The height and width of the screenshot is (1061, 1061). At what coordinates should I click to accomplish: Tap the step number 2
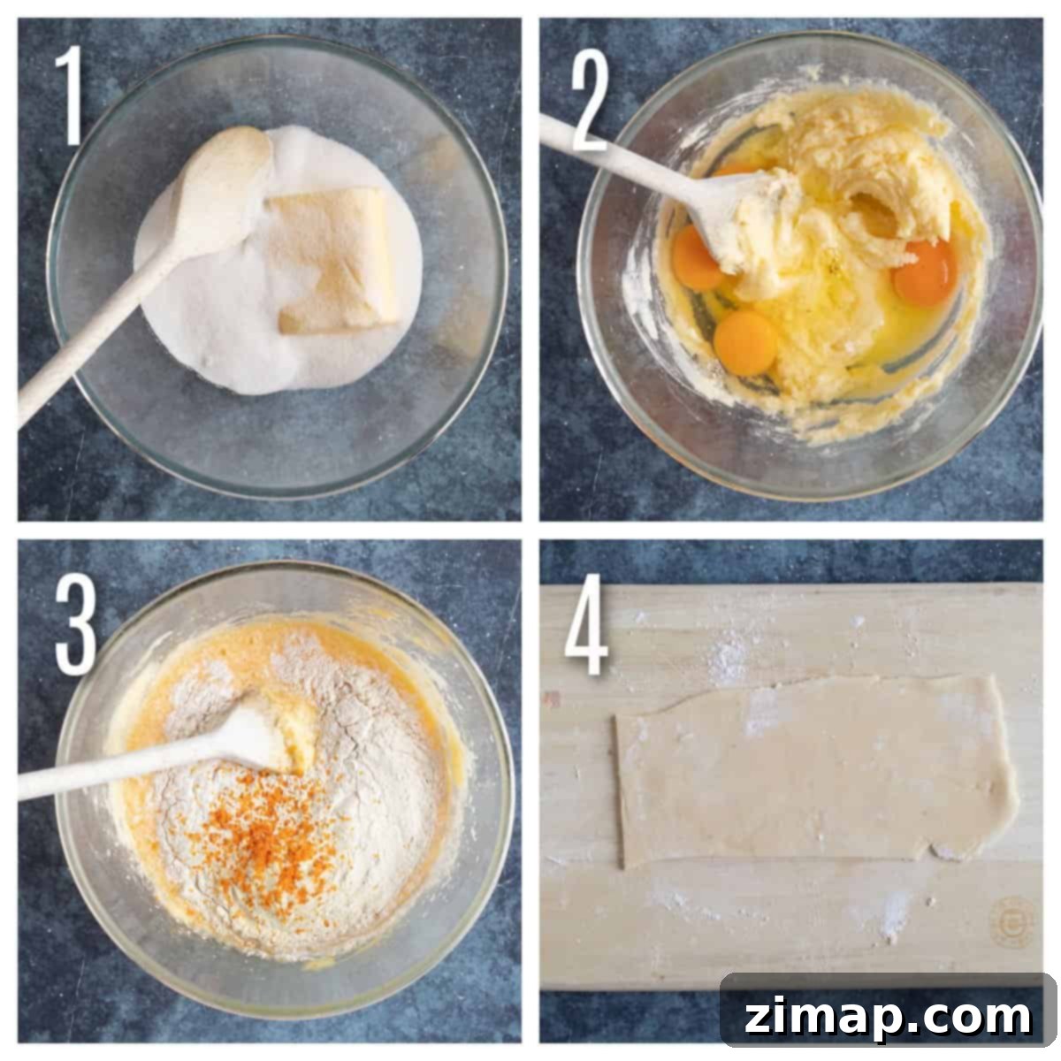591,103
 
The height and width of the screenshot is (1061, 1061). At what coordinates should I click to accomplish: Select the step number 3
76,624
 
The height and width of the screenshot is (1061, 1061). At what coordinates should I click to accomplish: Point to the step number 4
587,624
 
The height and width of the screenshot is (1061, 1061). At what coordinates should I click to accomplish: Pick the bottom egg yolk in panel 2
745,342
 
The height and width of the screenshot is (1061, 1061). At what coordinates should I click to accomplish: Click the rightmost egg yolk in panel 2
926,272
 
